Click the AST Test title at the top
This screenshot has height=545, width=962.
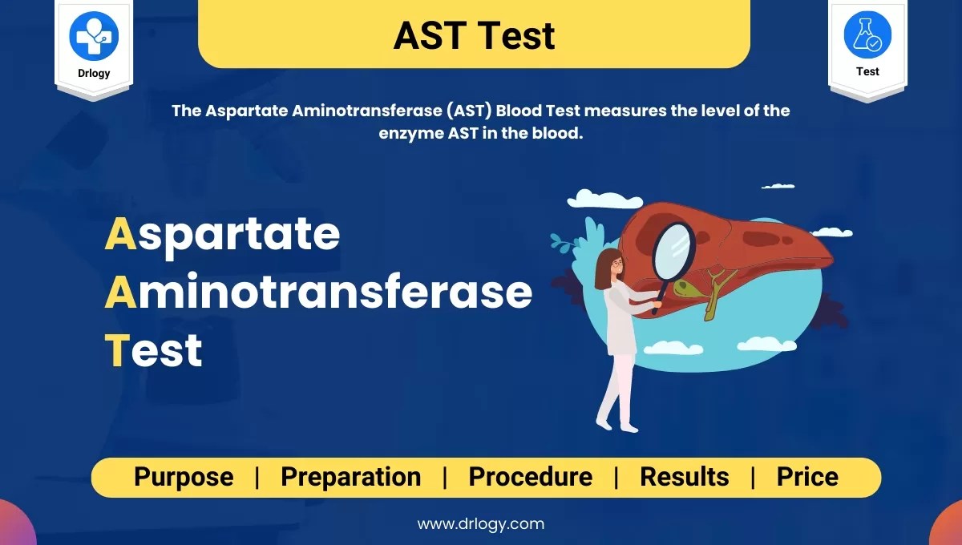pyautogui.click(x=474, y=35)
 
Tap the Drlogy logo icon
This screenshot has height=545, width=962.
pyautogui.click(x=94, y=35)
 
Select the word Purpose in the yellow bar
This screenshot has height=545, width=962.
pyautogui.click(x=184, y=477)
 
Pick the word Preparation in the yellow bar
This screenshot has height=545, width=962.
pyautogui.click(x=350, y=477)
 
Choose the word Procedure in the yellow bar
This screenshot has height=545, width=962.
pyautogui.click(x=530, y=477)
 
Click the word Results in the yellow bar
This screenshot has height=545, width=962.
pyautogui.click(x=684, y=477)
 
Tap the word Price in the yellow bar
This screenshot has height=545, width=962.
pyautogui.click(x=806, y=477)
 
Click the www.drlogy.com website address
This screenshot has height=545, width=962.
pyautogui.click(x=480, y=524)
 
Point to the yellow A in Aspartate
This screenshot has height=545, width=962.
pyautogui.click(x=119, y=234)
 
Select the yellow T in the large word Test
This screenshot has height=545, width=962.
pyautogui.click(x=117, y=351)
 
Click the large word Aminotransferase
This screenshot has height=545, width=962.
pyautogui.click(x=318, y=293)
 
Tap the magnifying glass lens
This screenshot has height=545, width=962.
pyautogui.click(x=674, y=248)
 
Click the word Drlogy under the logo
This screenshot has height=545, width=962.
pyautogui.click(x=94, y=73)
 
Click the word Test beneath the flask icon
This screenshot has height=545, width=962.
pyautogui.click(x=867, y=71)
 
